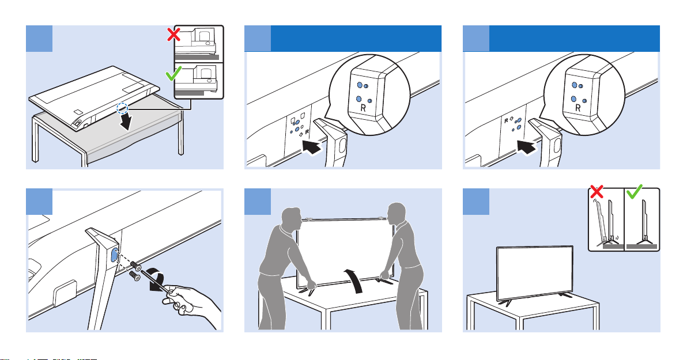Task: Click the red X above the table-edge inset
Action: (174, 35)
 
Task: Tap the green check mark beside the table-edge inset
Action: (173, 74)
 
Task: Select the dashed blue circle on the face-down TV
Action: (123, 107)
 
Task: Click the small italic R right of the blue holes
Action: (307, 131)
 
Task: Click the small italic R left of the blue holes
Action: (506, 120)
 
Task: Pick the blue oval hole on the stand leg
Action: (114, 256)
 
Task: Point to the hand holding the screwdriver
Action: (192, 302)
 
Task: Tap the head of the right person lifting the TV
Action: (397, 215)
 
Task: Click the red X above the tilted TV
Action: (597, 191)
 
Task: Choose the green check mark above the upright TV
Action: (635, 191)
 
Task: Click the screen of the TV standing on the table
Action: (534, 272)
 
